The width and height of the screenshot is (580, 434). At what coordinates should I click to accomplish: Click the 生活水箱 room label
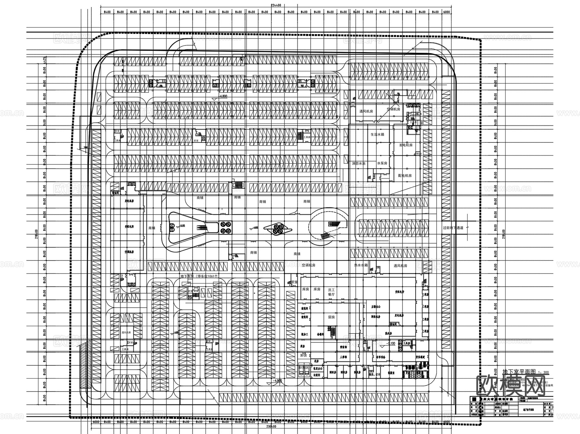[377, 134]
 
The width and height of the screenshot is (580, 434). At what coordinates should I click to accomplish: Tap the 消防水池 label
[358, 164]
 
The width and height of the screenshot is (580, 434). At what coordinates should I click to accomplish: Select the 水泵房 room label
[382, 163]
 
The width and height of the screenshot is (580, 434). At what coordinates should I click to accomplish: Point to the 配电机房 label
[405, 176]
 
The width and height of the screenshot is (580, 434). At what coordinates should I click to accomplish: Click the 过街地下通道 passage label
[453, 228]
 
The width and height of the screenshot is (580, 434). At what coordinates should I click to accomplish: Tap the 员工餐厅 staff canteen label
[331, 292]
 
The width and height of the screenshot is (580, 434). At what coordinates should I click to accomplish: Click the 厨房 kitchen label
[331, 317]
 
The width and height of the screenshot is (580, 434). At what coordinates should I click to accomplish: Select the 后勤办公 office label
[376, 307]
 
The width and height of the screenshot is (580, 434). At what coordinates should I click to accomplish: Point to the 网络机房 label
[376, 317]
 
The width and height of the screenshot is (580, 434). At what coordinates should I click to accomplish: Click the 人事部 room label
[343, 357]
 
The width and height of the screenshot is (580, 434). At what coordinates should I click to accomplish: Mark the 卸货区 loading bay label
[304, 367]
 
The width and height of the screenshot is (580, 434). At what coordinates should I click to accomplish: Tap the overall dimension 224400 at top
[276, 5]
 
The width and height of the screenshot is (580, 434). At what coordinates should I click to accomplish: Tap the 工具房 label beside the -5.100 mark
[407, 343]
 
